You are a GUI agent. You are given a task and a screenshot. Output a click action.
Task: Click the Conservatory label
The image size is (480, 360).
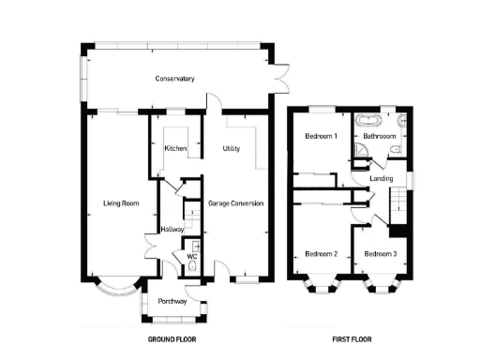pos(174,79)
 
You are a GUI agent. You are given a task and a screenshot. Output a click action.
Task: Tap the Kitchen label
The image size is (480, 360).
pos(175,149)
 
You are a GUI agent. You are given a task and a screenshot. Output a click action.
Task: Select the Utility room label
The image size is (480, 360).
pos(231,149)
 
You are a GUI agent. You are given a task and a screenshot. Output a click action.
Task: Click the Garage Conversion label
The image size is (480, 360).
pos(235,202)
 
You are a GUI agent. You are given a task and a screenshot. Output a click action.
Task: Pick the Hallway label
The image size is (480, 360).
pos(172,229)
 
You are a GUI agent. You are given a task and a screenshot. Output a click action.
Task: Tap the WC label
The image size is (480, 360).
pos(190,255)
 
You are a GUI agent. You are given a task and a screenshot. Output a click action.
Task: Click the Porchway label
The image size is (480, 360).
pos(172,301)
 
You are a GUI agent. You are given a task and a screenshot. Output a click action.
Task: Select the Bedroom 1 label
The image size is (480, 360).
pos(321,136)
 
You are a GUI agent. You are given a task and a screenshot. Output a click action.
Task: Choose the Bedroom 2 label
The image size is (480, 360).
pos(321,254)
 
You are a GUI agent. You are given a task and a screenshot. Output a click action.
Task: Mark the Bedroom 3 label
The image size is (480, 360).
pos(381,254)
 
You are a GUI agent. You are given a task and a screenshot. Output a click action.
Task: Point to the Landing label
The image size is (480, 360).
pos(382,178)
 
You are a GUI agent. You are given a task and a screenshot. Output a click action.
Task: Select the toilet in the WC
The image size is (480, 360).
pos(192,266)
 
